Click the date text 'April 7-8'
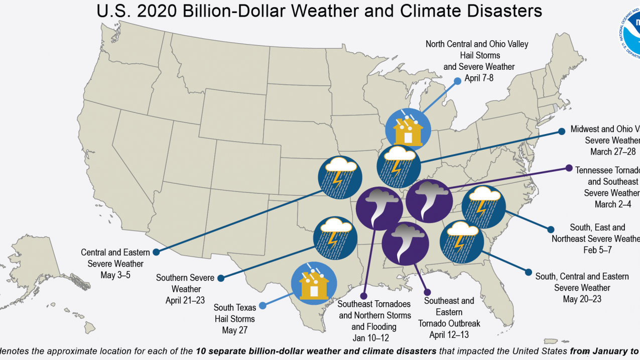tap(477, 78)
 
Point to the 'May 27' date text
tap(235, 330)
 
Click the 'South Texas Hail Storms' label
tap(235, 313)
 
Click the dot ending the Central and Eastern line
tap(156, 252)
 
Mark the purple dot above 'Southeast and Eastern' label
tap(427, 292)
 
